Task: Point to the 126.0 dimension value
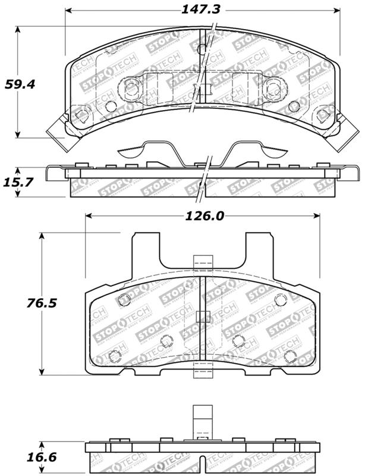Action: tap(203, 216)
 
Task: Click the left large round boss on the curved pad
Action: tap(131, 88)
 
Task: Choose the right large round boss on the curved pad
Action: tap(273, 88)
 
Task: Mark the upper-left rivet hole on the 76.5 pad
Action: tap(124, 300)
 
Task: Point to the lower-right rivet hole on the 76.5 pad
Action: tap(290, 356)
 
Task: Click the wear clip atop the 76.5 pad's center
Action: tap(203, 265)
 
